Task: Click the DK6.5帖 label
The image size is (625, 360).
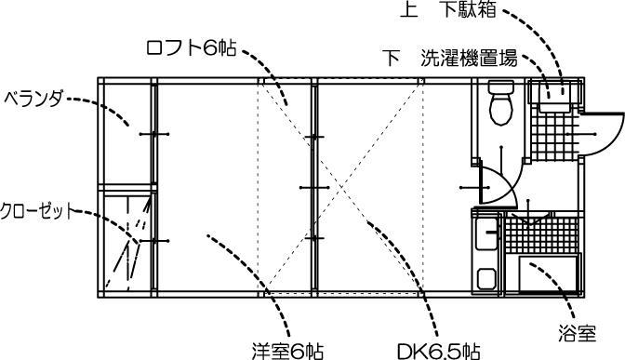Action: [x=438, y=351]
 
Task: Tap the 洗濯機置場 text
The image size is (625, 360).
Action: [x=469, y=57]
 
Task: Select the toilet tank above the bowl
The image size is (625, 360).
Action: [x=499, y=90]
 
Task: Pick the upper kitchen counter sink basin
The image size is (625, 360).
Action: [x=485, y=235]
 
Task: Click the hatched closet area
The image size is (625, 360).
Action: [x=125, y=244]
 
